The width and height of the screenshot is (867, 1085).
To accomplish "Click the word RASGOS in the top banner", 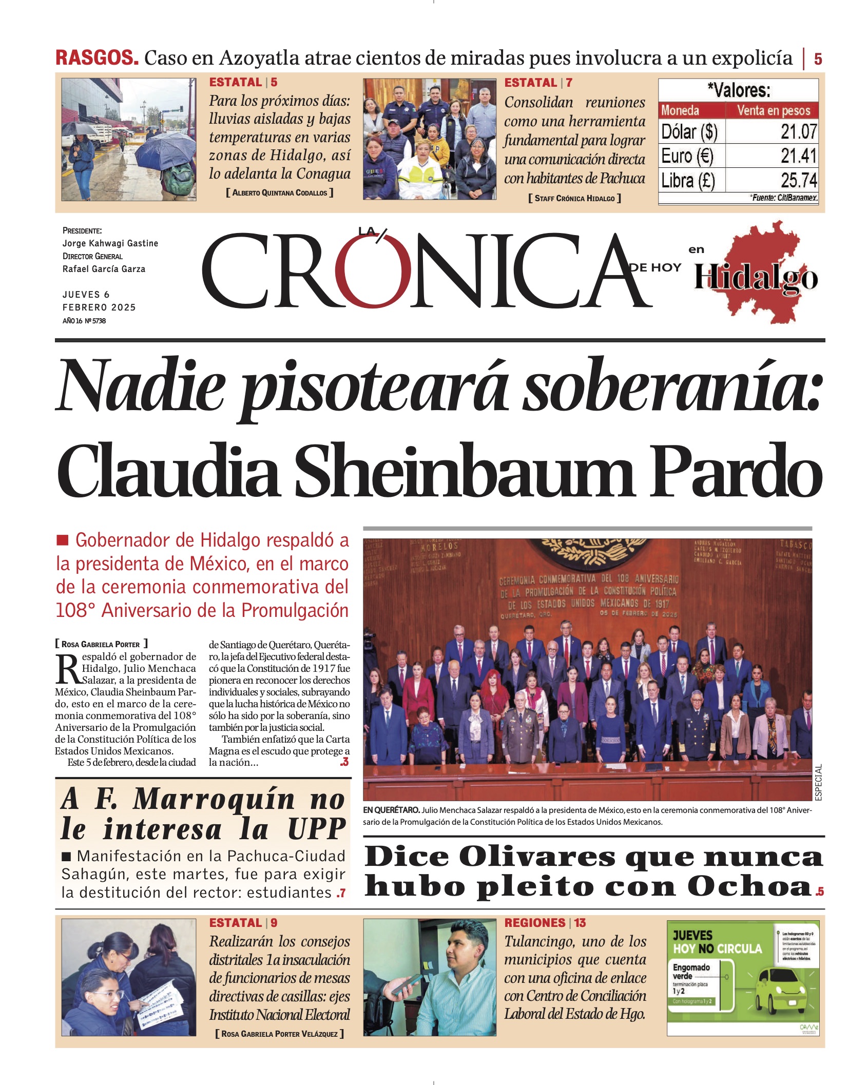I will click(97, 57).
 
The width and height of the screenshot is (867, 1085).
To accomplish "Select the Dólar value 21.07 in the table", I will click(798, 132).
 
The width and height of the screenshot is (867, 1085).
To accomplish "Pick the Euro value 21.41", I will click(798, 156).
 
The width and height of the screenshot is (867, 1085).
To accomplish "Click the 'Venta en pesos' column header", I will click(773, 110).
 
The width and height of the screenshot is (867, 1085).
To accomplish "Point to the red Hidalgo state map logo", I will click(757, 272).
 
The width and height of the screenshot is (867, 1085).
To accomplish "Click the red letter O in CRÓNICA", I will click(373, 271).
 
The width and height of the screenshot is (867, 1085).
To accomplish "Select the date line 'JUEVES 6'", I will click(86, 295).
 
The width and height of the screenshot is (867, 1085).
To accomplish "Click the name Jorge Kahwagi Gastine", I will click(110, 243).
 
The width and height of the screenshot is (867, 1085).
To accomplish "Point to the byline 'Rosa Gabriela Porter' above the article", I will click(101, 644).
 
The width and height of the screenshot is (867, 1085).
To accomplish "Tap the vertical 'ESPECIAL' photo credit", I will click(818, 782).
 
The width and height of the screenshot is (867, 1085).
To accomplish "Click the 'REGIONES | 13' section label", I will click(545, 923).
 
